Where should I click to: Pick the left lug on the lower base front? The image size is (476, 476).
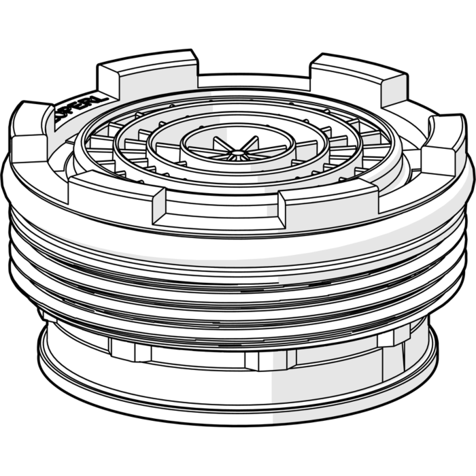click(129, 351)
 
